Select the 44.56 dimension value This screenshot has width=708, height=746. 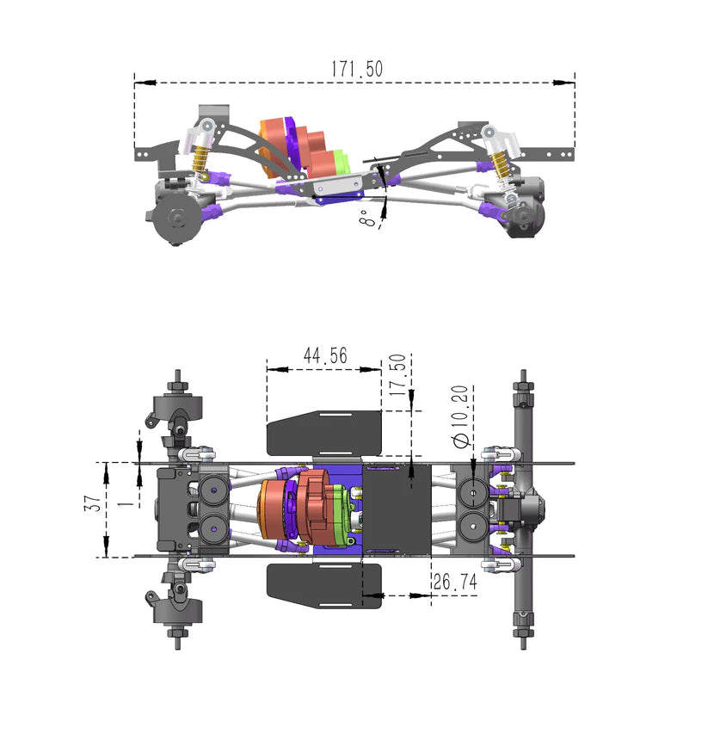click(x=324, y=355)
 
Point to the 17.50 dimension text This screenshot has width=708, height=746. click(x=397, y=373)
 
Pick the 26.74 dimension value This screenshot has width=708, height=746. click(x=455, y=583)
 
